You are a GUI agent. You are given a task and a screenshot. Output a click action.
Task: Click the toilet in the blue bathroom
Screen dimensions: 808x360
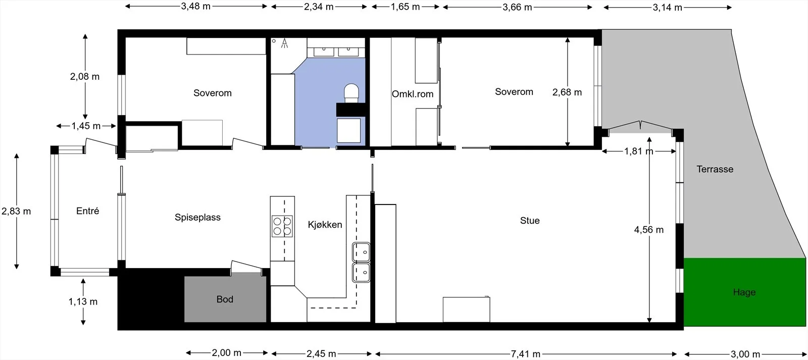coord(351,93)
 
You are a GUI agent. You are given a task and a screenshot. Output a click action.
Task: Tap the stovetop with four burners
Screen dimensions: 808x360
coord(282,226)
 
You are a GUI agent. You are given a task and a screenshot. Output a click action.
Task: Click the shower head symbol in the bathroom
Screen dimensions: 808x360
coord(285,43)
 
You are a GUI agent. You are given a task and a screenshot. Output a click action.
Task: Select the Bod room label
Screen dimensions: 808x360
coord(225,299)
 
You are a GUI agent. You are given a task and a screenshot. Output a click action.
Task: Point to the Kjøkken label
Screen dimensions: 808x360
coord(325,224)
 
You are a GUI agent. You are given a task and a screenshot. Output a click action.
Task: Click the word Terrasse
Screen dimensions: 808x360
coord(715,169)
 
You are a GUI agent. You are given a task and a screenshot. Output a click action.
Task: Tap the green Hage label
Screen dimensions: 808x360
coord(744,292)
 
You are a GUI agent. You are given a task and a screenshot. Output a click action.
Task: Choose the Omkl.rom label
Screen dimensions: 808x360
coord(412,94)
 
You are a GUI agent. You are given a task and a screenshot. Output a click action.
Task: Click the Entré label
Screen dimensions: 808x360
coord(87,211)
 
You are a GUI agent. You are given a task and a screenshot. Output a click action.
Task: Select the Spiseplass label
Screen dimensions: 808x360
coord(197,217)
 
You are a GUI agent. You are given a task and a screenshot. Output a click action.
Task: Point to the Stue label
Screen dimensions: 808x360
coord(530,221)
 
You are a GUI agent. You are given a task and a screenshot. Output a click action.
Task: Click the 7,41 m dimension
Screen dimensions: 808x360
coord(525,354)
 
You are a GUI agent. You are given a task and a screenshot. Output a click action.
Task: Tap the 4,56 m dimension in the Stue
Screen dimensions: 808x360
coord(648,229)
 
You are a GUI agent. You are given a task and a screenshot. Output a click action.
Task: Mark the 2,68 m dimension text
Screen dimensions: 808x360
coord(567,92)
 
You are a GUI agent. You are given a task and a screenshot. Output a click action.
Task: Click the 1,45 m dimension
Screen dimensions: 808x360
coord(86,126)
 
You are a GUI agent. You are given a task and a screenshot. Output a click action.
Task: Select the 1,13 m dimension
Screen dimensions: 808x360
coord(83,301)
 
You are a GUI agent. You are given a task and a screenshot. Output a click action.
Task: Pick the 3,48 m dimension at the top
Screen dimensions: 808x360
coord(195,6)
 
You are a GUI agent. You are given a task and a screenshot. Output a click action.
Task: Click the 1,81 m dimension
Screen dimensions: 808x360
coord(638,151)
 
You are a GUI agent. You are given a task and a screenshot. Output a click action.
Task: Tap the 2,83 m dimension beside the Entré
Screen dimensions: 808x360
coord(16,211)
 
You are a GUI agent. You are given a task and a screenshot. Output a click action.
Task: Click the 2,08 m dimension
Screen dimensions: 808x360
coord(85,76)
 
